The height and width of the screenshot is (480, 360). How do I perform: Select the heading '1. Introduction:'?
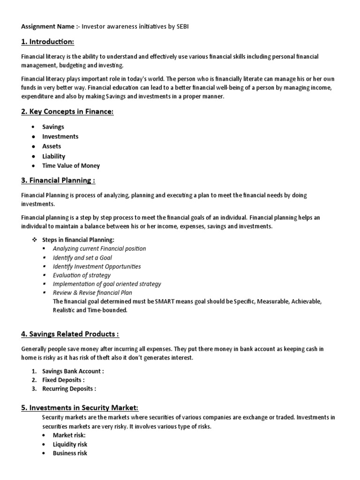47,42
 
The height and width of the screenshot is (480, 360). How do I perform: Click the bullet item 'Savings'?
53,127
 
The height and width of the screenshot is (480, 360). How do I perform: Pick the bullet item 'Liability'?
54,156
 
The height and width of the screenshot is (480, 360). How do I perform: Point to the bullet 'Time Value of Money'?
71,165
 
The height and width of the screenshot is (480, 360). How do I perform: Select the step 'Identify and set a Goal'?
82,257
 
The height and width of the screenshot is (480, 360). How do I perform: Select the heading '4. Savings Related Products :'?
70,334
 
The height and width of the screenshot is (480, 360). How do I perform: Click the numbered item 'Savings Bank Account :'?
73,371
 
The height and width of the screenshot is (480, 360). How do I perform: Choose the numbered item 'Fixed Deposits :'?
63,380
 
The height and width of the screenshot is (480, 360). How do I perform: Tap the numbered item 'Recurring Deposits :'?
69,389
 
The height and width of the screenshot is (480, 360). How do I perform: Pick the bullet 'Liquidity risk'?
70,444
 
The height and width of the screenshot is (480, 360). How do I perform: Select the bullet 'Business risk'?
70,453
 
